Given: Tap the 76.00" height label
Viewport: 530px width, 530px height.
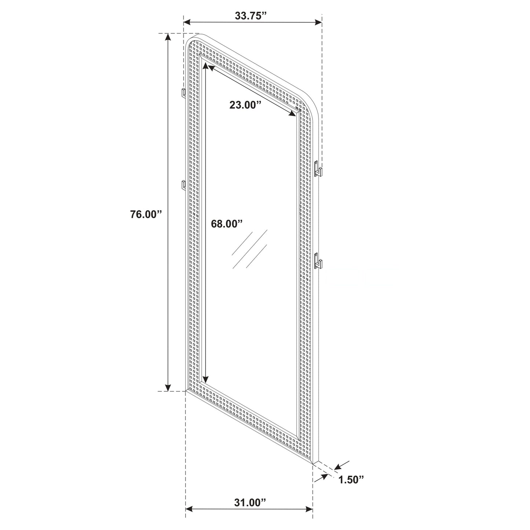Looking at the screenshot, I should coord(146,214).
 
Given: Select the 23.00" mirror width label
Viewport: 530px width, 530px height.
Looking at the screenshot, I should coord(245,105).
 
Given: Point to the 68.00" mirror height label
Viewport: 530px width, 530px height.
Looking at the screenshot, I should coord(227,224).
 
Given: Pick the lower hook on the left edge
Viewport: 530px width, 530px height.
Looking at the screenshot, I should coord(183,185).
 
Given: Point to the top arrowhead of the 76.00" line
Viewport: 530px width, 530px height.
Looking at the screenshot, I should coord(168,37).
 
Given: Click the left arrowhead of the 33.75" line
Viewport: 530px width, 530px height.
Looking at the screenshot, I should coord(187,23).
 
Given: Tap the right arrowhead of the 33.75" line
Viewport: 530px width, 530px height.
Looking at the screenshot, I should coord(318,23).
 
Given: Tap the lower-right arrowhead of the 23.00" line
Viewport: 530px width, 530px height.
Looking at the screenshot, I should coord(293,114).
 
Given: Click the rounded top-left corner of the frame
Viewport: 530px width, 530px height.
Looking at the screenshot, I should coord(191,39).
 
